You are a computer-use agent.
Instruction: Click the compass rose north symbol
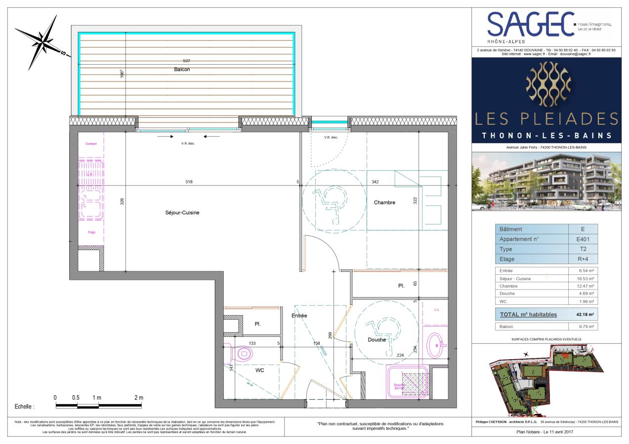44,38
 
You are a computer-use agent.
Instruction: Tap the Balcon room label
181,70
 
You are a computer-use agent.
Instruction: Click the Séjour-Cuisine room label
182,213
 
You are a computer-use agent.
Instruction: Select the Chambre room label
384,202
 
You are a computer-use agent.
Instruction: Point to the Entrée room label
299,316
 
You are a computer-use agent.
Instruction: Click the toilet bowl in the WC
242,353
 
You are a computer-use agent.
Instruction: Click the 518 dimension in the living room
189,182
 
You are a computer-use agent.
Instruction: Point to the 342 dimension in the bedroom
375,182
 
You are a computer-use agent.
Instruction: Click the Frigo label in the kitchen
91,232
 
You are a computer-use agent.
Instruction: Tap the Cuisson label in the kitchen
91,144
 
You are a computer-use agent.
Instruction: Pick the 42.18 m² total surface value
585,314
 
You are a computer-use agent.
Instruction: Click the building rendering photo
545,181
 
